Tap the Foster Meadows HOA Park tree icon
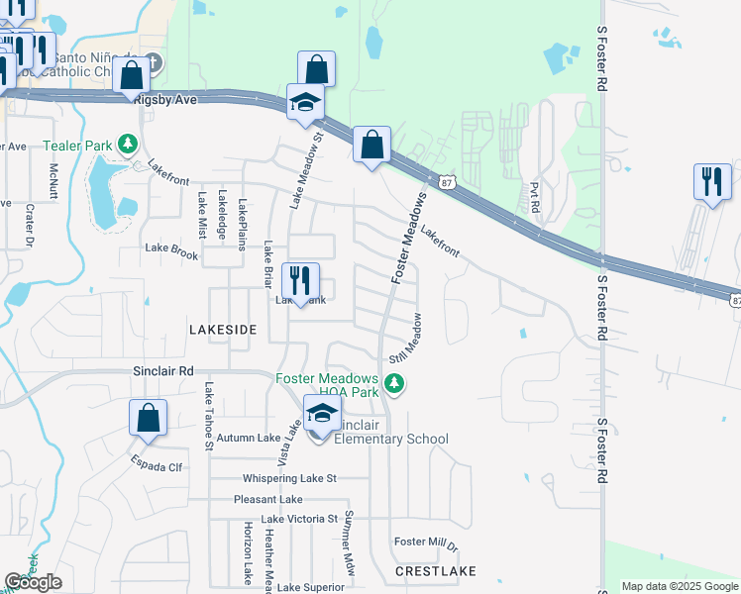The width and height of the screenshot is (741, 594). (x=394, y=383)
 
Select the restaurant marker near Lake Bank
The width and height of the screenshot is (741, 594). (x=300, y=282)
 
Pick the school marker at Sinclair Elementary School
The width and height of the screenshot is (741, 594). (x=322, y=416)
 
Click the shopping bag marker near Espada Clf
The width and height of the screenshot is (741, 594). (x=148, y=419)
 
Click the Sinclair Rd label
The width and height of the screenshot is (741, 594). (x=162, y=370)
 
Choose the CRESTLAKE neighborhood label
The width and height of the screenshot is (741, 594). (x=436, y=571)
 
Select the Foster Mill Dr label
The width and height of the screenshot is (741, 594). (x=426, y=544)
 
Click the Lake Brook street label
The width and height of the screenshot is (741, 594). (x=171, y=251)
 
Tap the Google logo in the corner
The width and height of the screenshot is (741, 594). (x=33, y=582)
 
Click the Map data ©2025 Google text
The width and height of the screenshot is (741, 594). (x=680, y=586)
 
